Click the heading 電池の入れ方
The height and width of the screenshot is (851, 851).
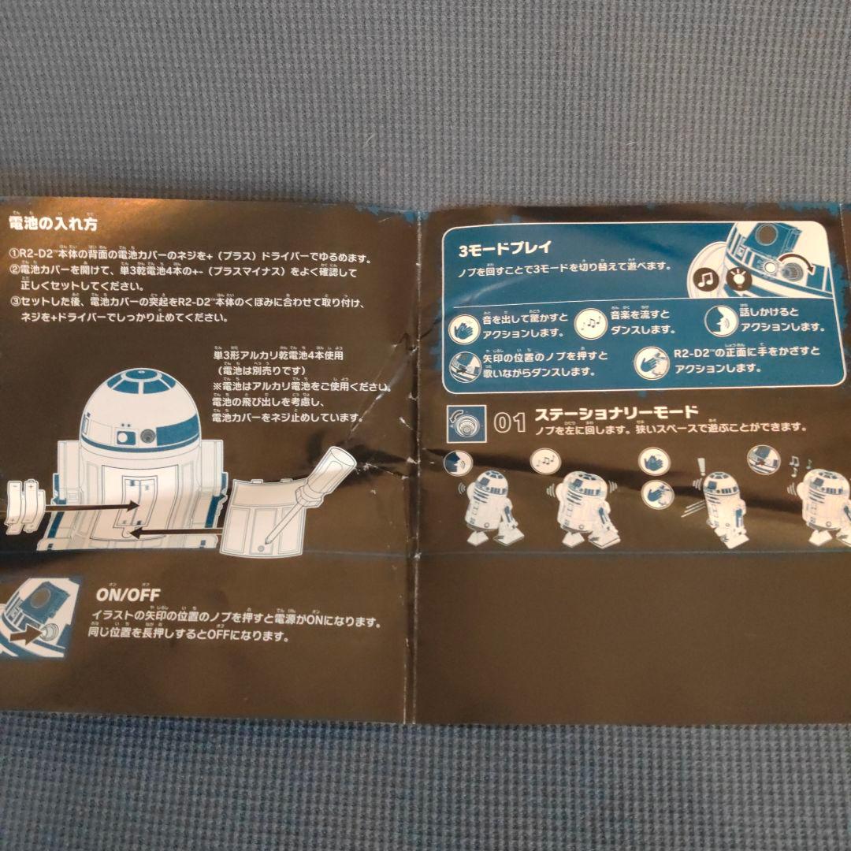(53, 224)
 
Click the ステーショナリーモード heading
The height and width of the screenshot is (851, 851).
(615, 413)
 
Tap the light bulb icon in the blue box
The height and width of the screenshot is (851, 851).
(739, 277)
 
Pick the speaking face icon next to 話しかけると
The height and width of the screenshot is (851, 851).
(720, 321)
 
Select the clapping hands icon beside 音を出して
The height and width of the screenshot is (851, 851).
(463, 326)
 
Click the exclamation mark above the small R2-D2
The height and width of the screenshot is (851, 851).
(697, 467)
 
